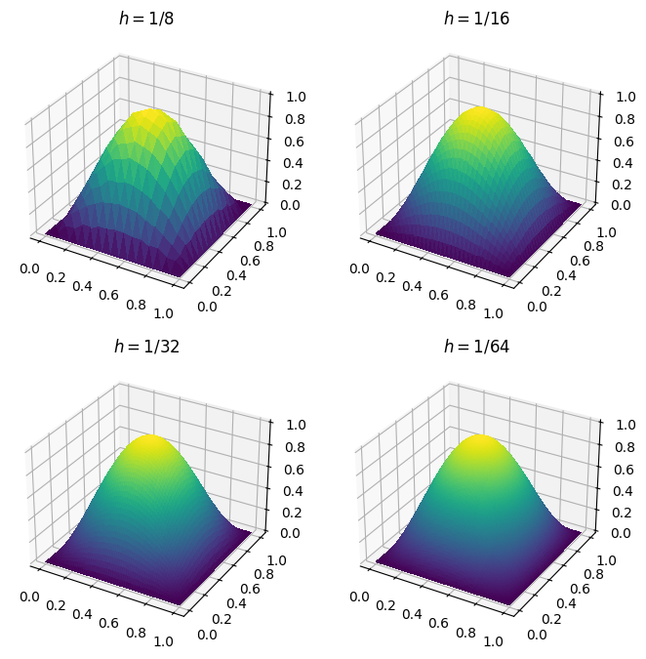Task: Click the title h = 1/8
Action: click(x=146, y=19)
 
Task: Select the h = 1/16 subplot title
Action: click(x=476, y=19)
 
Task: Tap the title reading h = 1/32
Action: click(x=146, y=347)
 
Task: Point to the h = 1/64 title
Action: click(x=476, y=347)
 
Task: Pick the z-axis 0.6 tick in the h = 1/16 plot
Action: click(x=623, y=141)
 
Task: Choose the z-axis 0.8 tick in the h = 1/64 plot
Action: click(x=623, y=446)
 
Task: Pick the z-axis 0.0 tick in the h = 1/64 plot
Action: click(x=623, y=533)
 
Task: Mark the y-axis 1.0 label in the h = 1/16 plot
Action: click(x=606, y=232)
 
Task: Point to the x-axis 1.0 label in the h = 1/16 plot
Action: click(x=494, y=312)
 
